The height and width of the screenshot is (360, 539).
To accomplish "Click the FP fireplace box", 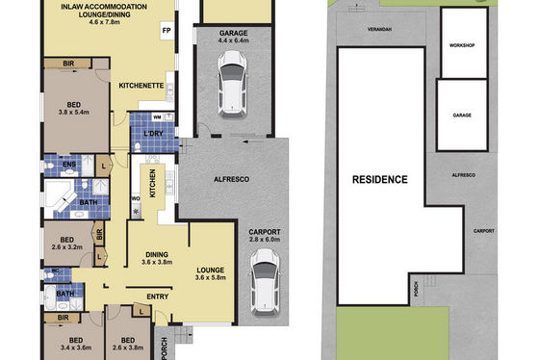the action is point(167,31).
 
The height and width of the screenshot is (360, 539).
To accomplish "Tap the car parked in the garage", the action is point(232,85).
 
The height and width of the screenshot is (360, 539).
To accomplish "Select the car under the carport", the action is point(265,282).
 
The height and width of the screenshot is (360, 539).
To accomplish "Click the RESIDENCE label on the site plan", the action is point(380,179).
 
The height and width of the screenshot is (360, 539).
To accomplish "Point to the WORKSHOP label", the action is point(462,45).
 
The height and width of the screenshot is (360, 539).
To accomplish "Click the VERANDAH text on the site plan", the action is point(379,30).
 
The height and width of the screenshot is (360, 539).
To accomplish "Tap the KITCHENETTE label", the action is point(141,86).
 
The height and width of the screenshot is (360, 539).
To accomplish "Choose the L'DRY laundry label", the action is point(153,134).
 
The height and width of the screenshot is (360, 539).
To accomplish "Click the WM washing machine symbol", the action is point(157,117).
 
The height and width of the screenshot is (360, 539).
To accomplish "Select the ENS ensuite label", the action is point(69,165).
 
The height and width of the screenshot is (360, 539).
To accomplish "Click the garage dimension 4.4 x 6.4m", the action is point(233,40).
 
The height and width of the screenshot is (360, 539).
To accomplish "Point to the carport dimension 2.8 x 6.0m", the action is point(265,240).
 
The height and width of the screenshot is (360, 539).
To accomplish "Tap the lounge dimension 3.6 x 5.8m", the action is point(211,278).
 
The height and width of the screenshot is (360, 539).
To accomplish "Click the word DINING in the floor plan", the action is point(157,255).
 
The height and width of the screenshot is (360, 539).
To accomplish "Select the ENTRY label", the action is point(158,296).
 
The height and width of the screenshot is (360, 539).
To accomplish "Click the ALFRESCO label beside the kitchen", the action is point(231,179).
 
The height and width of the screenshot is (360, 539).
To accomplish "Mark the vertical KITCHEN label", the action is point(153,183).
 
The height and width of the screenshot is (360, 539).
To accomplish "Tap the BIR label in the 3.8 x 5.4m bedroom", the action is point(68,64).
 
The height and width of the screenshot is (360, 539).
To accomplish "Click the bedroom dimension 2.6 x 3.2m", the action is point(67,246).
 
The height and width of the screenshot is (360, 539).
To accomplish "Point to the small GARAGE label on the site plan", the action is point(462,116).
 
